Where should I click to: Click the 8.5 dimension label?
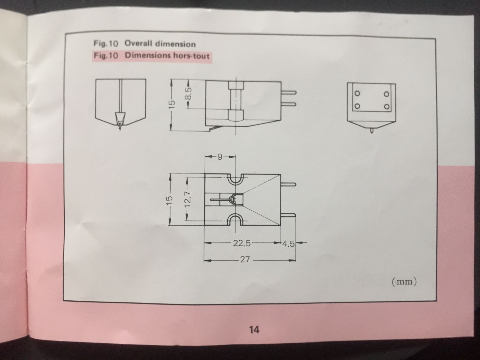coord(189,94)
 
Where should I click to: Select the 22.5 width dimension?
coord(242,243)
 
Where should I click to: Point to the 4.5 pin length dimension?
coord(288,244)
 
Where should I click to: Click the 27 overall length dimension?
coord(245,259)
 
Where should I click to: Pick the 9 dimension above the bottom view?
coord(220,157)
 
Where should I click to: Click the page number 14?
coord(254,329)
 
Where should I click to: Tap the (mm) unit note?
coord(404,281)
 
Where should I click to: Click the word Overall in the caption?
coord(138,44)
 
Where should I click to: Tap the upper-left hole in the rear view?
coord(357,94)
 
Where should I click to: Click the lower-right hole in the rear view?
coord(386,107)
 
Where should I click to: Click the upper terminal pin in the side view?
coord(289,93)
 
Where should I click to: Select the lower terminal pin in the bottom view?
coord(288,215)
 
